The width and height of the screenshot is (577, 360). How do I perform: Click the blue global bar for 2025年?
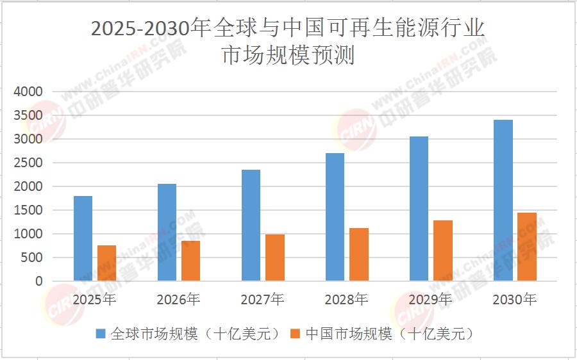pos(83,238)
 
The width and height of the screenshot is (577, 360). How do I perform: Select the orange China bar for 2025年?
pos(107,263)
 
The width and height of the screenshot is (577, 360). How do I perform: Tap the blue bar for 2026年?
pos(167,233)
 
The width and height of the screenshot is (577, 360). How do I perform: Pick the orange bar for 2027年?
pos(275,258)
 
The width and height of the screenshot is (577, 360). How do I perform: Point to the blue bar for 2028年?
pos(335,217)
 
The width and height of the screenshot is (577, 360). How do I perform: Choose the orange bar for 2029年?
pos(443,250)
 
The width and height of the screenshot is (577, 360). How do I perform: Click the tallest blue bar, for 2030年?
pos(503,200)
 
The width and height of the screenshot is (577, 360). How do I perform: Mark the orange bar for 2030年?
pos(527,247)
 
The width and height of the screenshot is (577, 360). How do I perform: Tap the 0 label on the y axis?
pos(38,281)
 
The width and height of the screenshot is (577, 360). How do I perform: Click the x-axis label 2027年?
pos(263,299)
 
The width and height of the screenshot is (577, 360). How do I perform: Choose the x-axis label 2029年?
pos(431,299)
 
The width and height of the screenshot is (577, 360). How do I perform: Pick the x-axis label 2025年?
pos(94,299)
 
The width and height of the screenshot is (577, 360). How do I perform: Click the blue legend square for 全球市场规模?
pos(101,334)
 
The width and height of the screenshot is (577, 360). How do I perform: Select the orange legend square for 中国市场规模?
pos(296,334)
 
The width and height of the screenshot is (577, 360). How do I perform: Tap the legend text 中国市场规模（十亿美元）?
pos(391,334)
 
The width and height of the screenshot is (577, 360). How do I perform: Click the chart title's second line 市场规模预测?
pos(288,56)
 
